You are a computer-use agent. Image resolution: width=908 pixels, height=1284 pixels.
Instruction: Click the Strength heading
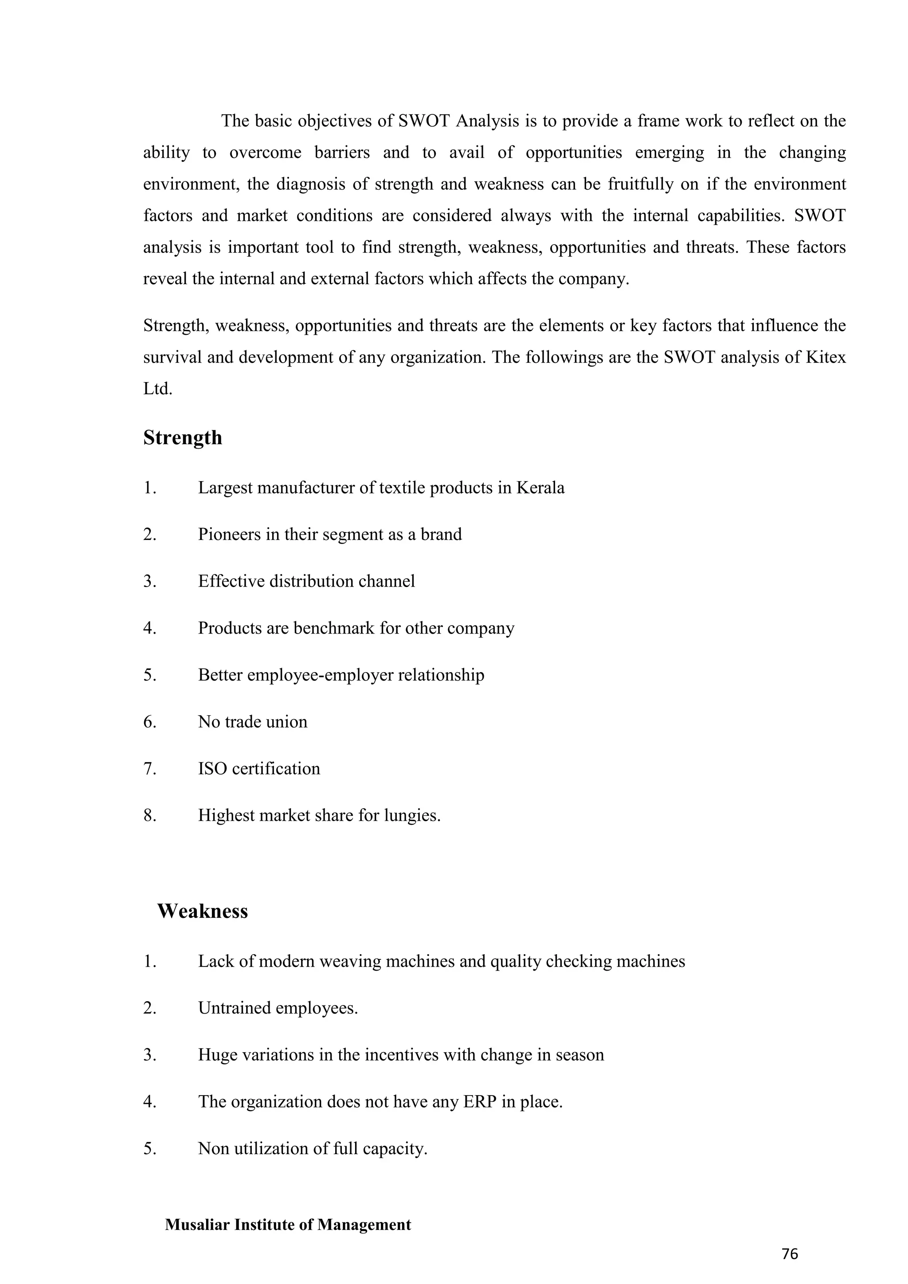click(182, 437)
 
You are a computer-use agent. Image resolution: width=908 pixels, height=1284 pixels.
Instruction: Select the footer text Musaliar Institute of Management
click(288, 1224)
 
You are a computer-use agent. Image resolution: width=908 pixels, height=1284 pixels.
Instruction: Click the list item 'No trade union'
click(252, 721)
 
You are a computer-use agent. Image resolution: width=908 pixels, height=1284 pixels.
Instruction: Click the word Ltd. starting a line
click(158, 389)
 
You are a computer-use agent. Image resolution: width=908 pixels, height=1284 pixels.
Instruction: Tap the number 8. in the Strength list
click(150, 815)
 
